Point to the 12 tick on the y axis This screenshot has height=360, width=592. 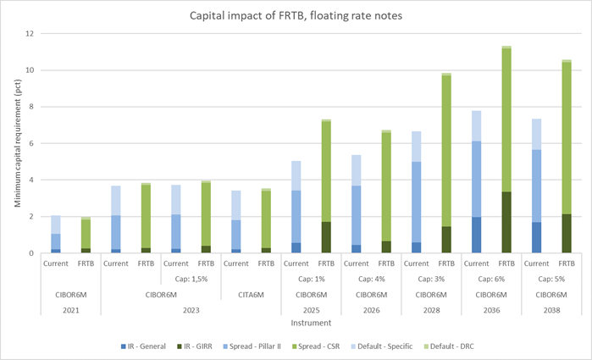(x=31, y=34)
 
